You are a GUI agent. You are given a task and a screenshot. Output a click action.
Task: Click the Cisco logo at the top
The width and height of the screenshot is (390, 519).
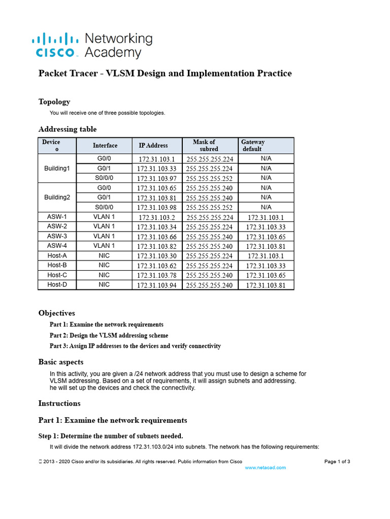tap(55, 45)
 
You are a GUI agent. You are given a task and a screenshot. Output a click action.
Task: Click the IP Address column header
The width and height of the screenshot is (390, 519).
tap(153, 145)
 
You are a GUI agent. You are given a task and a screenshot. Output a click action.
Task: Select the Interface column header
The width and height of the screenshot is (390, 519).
tap(105, 145)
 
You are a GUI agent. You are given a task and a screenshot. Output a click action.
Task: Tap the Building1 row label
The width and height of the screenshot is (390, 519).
tap(57, 168)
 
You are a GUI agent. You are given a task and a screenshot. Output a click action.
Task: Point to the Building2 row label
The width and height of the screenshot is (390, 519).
tap(57, 197)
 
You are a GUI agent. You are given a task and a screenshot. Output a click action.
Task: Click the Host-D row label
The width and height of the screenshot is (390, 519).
tap(57, 285)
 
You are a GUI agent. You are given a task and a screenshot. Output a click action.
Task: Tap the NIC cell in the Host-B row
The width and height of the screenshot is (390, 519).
tap(104, 265)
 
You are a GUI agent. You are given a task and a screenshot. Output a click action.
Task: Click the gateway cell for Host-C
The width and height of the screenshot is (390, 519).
tap(266, 275)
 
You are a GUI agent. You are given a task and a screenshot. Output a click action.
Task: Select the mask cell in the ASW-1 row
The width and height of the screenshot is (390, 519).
tap(209, 217)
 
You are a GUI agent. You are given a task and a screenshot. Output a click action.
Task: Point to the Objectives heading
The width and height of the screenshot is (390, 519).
tap(56, 313)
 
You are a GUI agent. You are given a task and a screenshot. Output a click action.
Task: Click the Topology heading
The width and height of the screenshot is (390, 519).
tap(54, 101)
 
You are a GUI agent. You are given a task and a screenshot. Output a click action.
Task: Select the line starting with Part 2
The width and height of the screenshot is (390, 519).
tap(109, 335)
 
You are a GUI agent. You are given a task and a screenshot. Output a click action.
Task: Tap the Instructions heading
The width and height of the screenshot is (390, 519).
tap(59, 403)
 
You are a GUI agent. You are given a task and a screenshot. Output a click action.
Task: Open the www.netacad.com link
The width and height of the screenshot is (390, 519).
tap(265, 467)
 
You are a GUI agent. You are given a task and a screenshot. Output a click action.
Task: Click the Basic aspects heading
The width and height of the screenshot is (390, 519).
tap(61, 362)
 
